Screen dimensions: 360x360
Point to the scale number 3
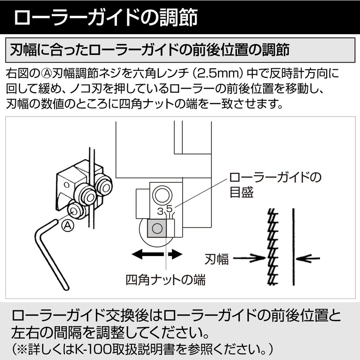[160, 211]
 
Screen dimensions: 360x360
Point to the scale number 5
[169, 209]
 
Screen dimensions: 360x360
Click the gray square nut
[157, 229]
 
